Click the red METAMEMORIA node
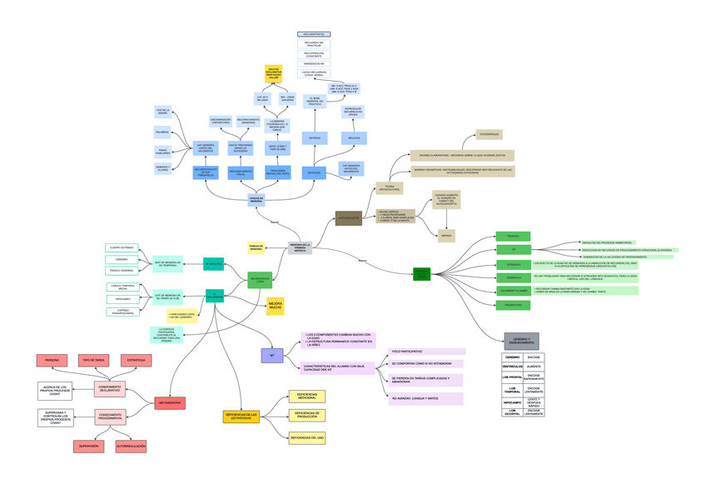pyautogui.click(x=170, y=403)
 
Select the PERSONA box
pyautogui.click(x=52, y=361)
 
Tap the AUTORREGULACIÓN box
pyautogui.click(x=131, y=447)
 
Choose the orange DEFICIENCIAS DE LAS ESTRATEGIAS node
pyautogui.click(x=241, y=416)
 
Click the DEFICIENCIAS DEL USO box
pyautogui.click(x=307, y=437)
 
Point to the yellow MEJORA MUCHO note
pyautogui.click(x=275, y=307)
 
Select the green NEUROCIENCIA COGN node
pyautogui.click(x=260, y=281)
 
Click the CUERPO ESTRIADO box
pyautogui.click(x=123, y=247)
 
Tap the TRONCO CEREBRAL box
pyautogui.click(x=122, y=271)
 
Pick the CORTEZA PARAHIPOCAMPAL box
pyautogui.click(x=123, y=312)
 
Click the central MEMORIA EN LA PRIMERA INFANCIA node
pyautogui.click(x=300, y=247)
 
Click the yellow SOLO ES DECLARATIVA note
pyautogui.click(x=275, y=72)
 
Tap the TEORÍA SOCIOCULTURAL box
pyautogui.click(x=389, y=189)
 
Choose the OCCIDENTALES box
pyautogui.click(x=490, y=134)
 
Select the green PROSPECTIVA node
pyautogui.click(x=513, y=306)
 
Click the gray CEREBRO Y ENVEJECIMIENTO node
pyautogui.click(x=521, y=341)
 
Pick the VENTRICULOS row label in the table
pyautogui.click(x=512, y=367)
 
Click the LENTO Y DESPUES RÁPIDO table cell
pyautogui.click(x=534, y=402)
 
